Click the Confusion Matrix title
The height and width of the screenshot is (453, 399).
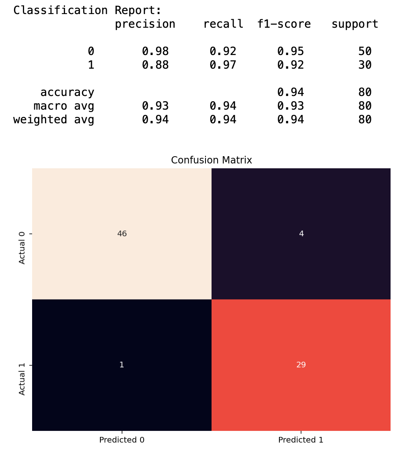tap(211, 160)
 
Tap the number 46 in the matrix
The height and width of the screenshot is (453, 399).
tap(122, 234)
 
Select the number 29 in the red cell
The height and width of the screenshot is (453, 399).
tap(301, 365)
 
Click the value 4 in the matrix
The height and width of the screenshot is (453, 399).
tap(301, 234)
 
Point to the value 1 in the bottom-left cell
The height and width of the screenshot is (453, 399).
tap(122, 365)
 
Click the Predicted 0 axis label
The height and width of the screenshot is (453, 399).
tap(122, 440)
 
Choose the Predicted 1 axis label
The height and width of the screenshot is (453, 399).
tap(301, 440)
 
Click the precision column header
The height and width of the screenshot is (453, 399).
tap(145, 24)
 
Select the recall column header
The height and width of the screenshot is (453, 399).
tap(223, 24)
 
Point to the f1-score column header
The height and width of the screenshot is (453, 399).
tap(284, 24)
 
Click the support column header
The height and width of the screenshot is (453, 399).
tap(355, 24)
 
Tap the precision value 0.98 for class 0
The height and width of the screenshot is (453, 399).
tap(155, 51)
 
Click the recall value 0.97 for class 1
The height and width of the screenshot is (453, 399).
tap(223, 65)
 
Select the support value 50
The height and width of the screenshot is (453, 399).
tap(365, 51)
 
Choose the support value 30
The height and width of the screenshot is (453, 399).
tap(365, 65)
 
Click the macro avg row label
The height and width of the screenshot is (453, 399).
tap(64, 106)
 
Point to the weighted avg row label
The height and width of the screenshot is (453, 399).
tap(54, 120)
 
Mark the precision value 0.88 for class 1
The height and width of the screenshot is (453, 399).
tap(155, 65)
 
